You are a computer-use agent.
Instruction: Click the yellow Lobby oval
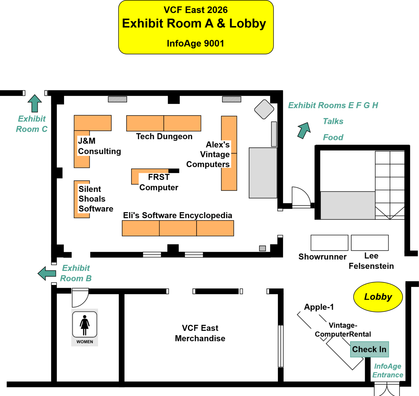(x=378, y=297)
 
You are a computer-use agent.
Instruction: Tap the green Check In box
(x=369, y=349)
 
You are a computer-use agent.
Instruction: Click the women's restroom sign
(x=85, y=327)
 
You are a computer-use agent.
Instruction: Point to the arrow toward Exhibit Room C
(x=35, y=104)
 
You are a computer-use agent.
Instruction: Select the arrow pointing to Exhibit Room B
(x=47, y=273)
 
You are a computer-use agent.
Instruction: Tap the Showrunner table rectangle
(x=329, y=243)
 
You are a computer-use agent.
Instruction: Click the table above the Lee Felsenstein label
(x=370, y=243)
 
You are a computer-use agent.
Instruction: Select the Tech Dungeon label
(x=164, y=136)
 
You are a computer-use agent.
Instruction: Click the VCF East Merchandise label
(x=200, y=333)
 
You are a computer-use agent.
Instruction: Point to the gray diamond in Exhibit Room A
(x=264, y=109)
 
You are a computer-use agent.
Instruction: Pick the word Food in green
(x=333, y=137)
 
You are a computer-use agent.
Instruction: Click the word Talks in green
(x=333, y=121)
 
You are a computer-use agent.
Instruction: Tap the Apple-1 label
(x=319, y=307)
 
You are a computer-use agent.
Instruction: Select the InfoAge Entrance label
(x=388, y=370)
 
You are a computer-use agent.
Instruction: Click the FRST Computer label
(x=159, y=182)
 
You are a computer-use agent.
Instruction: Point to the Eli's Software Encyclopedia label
(x=178, y=215)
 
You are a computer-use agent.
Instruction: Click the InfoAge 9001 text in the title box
(x=195, y=43)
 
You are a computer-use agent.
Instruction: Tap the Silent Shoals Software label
(x=95, y=199)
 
